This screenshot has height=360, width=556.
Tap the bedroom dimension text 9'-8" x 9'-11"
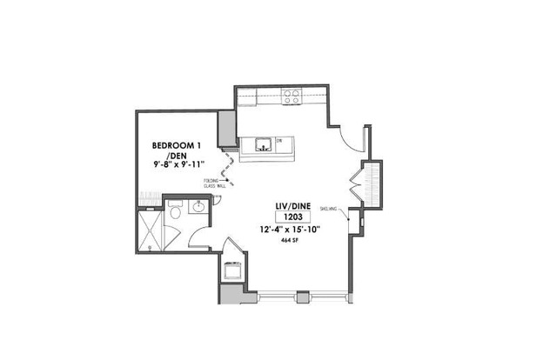[180, 164]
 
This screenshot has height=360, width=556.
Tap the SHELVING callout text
[329, 208]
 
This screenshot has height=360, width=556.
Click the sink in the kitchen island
[264, 143]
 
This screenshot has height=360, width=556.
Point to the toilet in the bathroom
[174, 211]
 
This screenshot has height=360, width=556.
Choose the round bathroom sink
[198, 208]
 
